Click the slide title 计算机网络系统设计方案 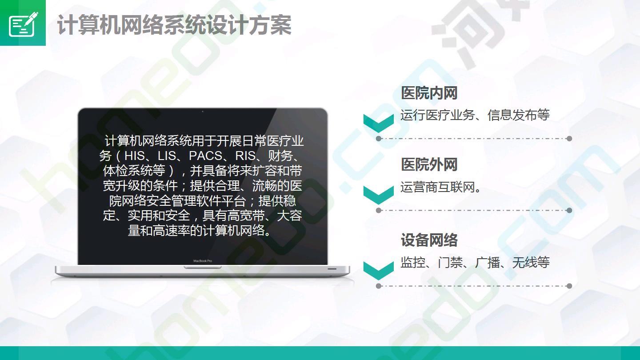[174, 25]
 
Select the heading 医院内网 [429, 93]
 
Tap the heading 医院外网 [429, 164]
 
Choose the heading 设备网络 [429, 240]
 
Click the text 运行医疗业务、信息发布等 [475, 115]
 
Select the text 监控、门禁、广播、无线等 [475, 262]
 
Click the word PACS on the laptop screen [206, 156]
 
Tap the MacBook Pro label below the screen [203, 261]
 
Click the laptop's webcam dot [203, 112]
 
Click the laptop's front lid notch [203, 268]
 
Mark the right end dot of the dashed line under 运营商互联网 [569, 210]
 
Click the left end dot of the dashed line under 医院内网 [379, 139]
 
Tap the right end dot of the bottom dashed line [569, 286]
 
